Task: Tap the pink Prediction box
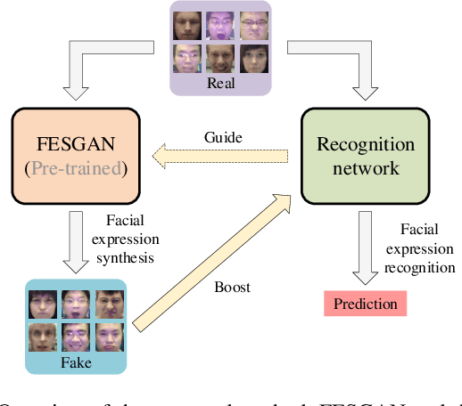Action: [x=365, y=304]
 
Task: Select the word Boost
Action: [x=233, y=288]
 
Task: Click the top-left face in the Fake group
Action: [x=41, y=302]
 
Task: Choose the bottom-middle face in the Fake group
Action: [x=75, y=337]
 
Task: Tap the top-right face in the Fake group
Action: [x=109, y=302]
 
